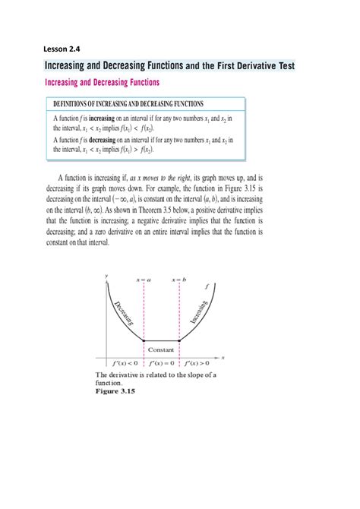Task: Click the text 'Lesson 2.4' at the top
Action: click(68, 50)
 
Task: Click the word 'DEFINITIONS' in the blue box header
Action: click(77, 103)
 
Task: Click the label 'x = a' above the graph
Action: click(144, 280)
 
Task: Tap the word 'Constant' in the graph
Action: click(161, 349)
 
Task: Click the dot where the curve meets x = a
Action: click(144, 341)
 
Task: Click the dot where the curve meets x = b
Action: click(178, 341)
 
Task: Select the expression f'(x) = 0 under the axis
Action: click(161, 364)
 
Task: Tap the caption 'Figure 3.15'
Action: click(115, 392)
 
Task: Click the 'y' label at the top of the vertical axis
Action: click(107, 274)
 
